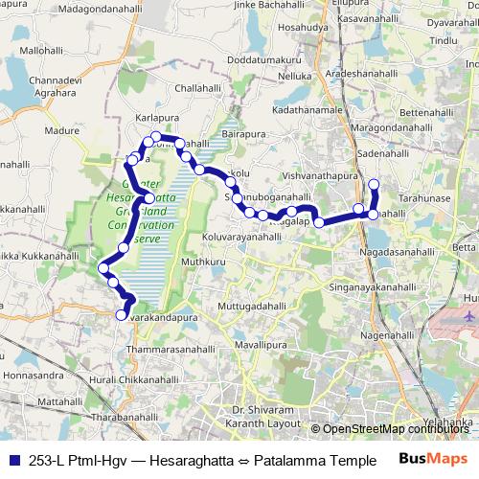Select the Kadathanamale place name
[x=308, y=112]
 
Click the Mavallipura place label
[x=261, y=343]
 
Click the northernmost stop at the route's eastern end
[x=374, y=184]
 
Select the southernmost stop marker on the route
[x=122, y=315]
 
